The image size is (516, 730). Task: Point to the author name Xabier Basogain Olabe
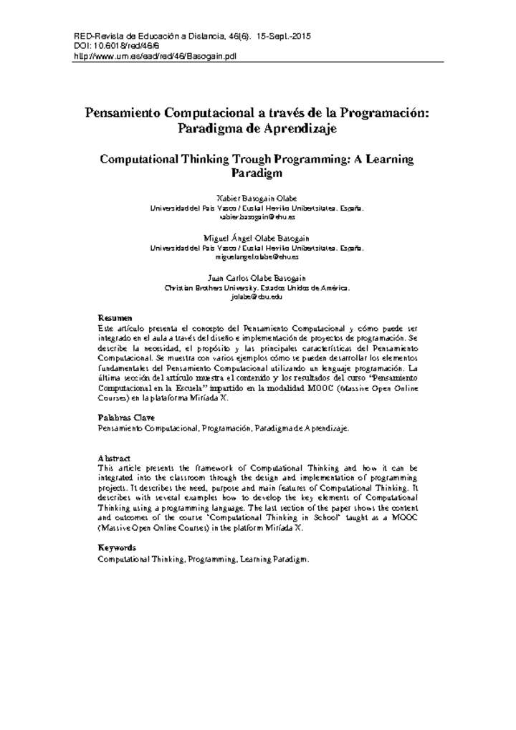257,197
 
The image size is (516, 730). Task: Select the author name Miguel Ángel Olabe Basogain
257,237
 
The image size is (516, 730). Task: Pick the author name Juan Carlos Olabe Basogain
257,277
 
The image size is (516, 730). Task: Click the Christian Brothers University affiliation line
257,287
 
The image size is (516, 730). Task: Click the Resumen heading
115,317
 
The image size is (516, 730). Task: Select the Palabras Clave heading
125,417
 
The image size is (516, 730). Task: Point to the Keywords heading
117,548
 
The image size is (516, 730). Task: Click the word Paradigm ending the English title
257,173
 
